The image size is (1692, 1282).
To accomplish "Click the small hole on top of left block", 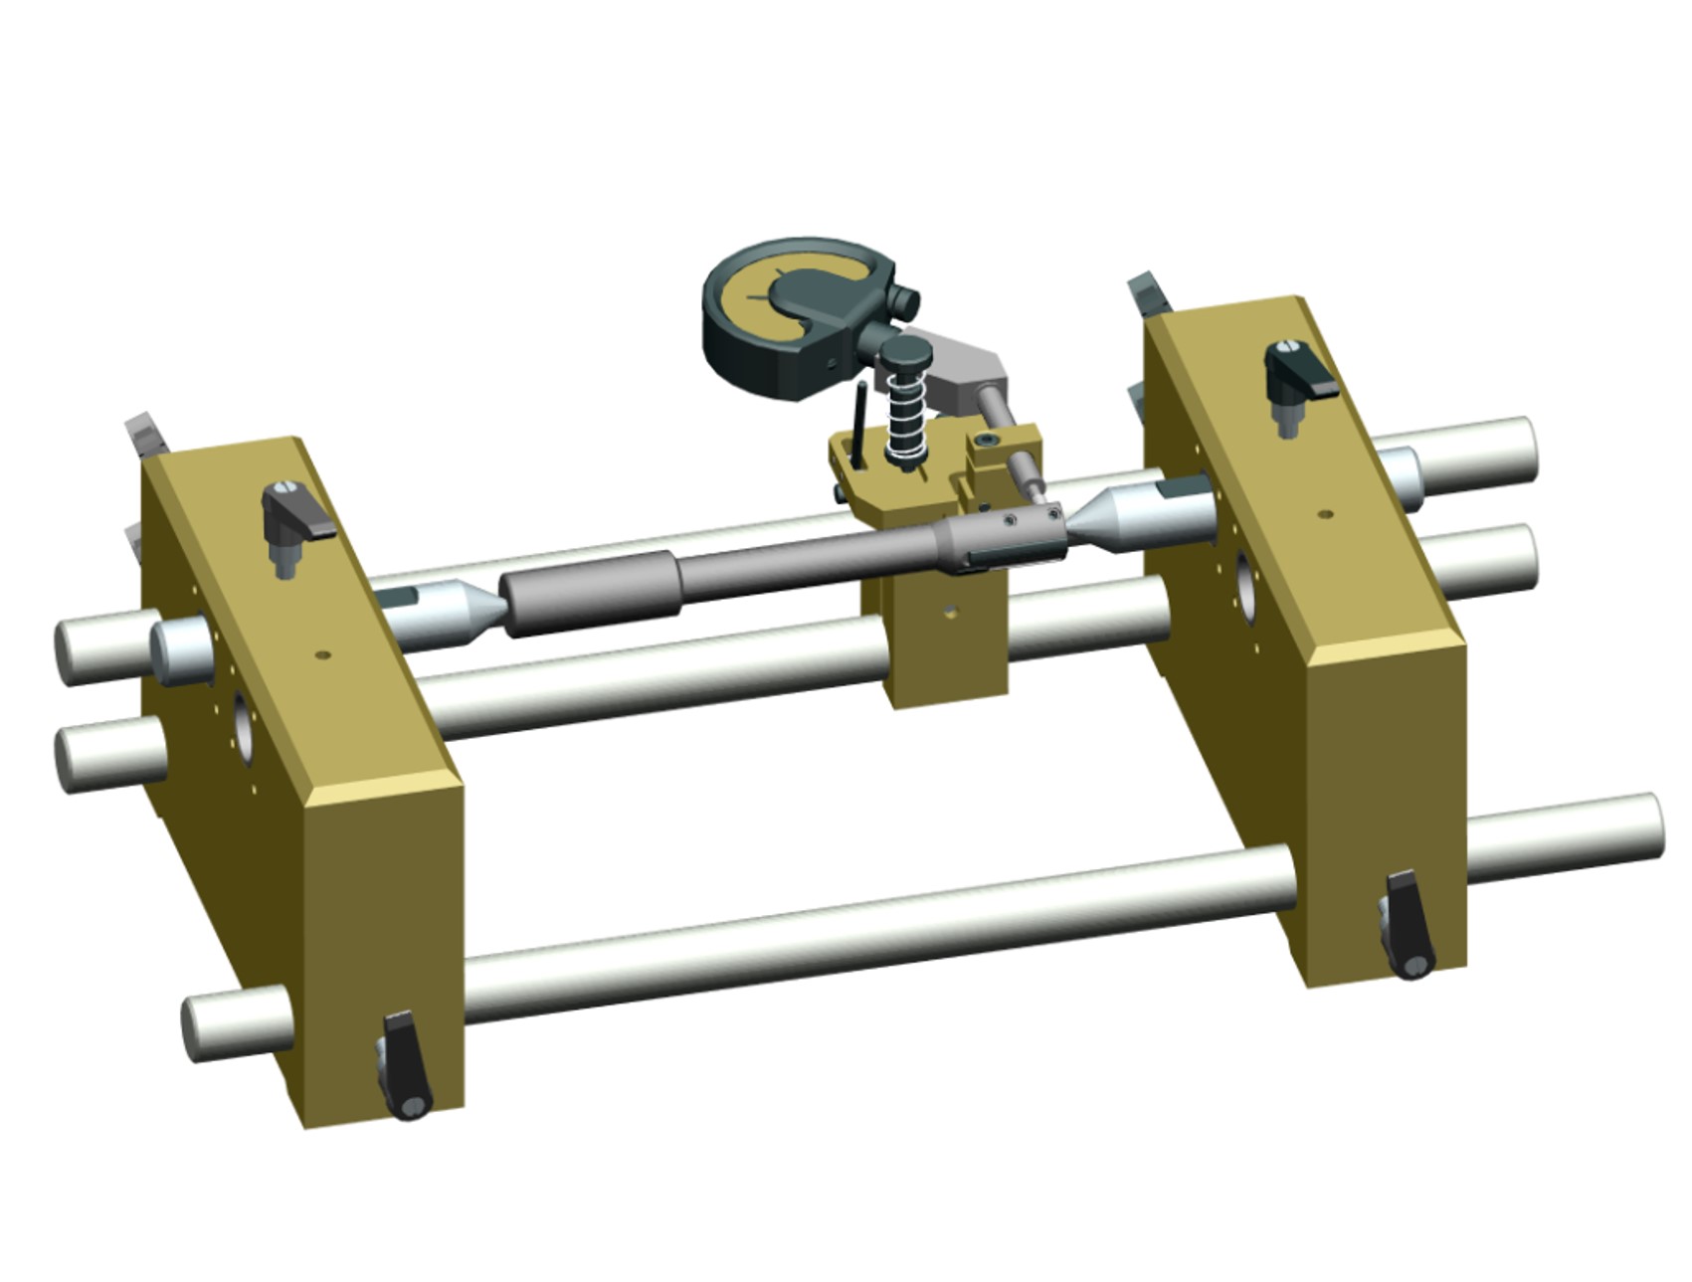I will (x=321, y=655).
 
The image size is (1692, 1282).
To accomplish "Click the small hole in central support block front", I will (x=950, y=612).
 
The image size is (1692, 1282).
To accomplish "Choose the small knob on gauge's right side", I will (x=904, y=298).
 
